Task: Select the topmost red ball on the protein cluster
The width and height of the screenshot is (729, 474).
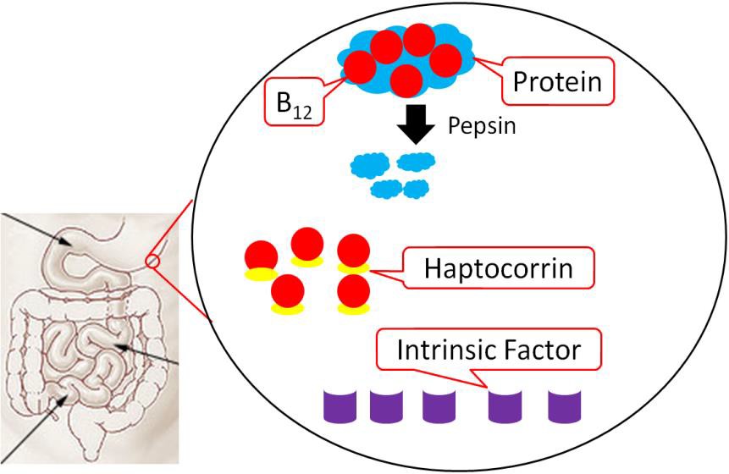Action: click(418, 39)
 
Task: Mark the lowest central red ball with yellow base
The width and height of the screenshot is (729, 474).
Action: click(288, 293)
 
